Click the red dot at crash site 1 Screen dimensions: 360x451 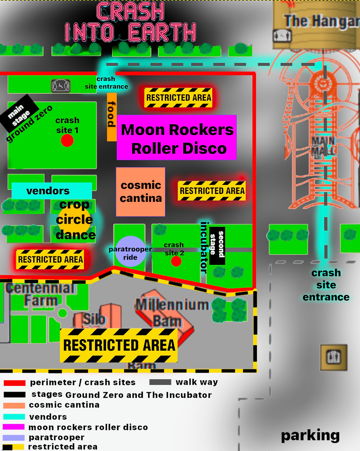click(x=67, y=141)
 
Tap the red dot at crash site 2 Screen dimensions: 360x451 click(x=176, y=261)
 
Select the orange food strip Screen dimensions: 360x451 click(x=112, y=117)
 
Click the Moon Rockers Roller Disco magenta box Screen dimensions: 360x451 click(x=177, y=138)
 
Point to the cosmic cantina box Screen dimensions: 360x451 click(x=141, y=192)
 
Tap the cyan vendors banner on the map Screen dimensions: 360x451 click(x=52, y=191)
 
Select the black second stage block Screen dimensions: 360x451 click(x=217, y=246)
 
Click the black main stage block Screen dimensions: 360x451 click(x=19, y=113)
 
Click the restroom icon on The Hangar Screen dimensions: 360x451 click(x=282, y=36)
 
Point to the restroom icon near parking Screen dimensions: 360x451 click(x=333, y=357)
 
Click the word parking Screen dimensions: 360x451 click(x=310, y=435)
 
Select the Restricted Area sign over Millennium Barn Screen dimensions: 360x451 click(x=118, y=345)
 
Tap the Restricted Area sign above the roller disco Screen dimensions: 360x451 click(x=178, y=98)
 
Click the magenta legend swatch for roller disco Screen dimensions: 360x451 click(x=14, y=427)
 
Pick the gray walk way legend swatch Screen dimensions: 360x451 click(x=160, y=382)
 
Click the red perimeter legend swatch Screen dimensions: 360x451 click(x=15, y=383)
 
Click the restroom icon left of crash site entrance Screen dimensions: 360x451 click(x=61, y=86)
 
